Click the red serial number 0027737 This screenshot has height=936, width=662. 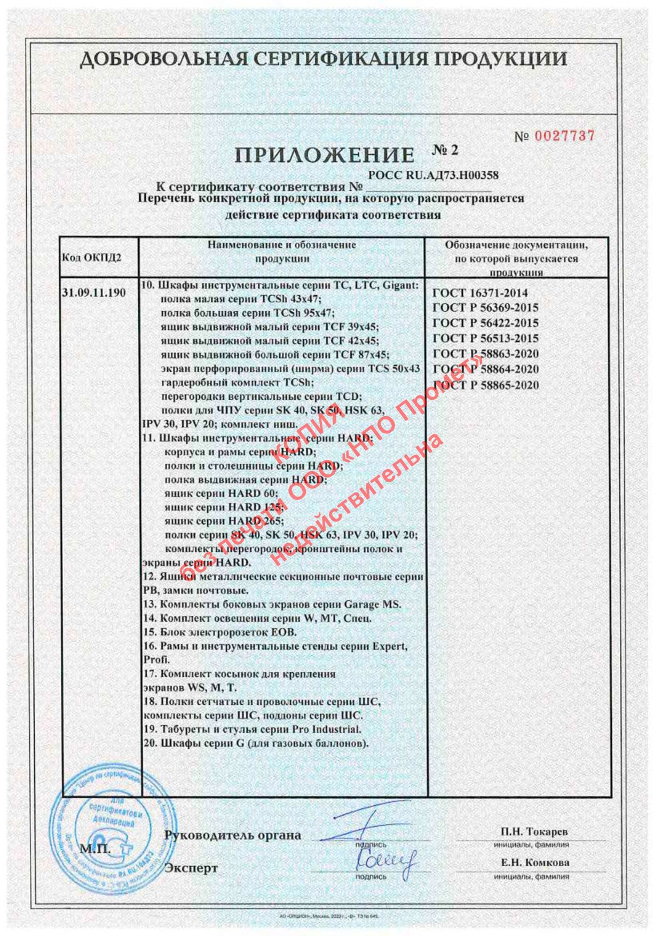pyautogui.click(x=564, y=136)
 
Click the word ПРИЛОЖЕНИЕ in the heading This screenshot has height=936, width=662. pyautogui.click(x=324, y=155)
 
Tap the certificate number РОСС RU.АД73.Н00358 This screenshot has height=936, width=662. pyautogui.click(x=434, y=175)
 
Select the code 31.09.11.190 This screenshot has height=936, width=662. pyautogui.click(x=94, y=292)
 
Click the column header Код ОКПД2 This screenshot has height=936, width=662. pyautogui.click(x=92, y=258)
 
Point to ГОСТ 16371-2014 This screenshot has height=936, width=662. pyautogui.click(x=479, y=293)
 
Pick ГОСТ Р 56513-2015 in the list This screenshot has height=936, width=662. pyautogui.click(x=485, y=338)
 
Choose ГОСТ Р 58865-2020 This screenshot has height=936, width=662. pyautogui.click(x=485, y=385)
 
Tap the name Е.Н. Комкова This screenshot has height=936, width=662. pyautogui.click(x=535, y=862)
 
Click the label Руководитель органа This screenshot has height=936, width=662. pyautogui.click(x=233, y=835)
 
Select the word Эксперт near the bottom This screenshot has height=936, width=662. pyautogui.click(x=191, y=868)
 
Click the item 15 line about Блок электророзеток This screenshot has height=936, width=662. pyautogui.click(x=220, y=632)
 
